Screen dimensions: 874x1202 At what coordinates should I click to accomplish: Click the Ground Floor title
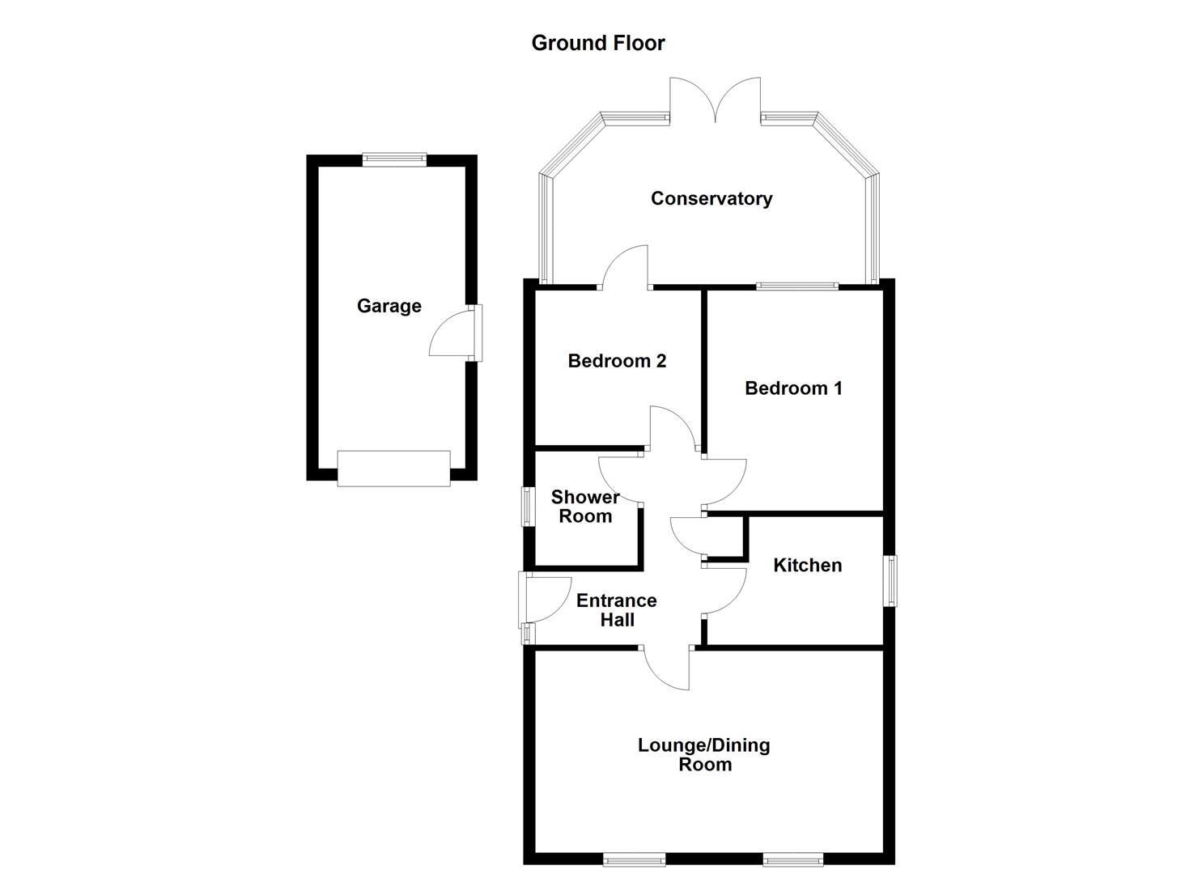pyautogui.click(x=597, y=43)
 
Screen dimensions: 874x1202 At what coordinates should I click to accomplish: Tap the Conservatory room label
pyautogui.click(x=711, y=198)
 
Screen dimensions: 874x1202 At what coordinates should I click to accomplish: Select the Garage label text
pyautogui.click(x=389, y=306)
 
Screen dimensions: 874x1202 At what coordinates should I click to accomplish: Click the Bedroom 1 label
pyautogui.click(x=792, y=388)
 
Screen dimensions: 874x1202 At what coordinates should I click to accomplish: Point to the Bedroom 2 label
pyautogui.click(x=617, y=361)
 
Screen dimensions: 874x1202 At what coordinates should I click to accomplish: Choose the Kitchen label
pyautogui.click(x=807, y=565)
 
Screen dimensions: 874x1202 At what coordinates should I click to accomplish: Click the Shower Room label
pyautogui.click(x=584, y=507)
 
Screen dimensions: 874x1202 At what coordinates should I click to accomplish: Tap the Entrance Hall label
pyautogui.click(x=616, y=610)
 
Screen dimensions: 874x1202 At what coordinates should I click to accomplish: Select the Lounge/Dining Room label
pyautogui.click(x=703, y=754)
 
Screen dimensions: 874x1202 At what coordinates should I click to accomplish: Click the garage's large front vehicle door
pyautogui.click(x=393, y=469)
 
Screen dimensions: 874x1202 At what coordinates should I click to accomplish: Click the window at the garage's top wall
pyautogui.click(x=394, y=159)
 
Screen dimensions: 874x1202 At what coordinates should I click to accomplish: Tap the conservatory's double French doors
pyautogui.click(x=715, y=101)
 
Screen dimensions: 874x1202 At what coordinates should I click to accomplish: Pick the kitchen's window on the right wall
pyautogui.click(x=890, y=580)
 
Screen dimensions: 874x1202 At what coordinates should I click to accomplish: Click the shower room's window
pyautogui.click(x=528, y=507)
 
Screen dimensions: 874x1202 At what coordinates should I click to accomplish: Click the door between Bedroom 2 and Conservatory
pyautogui.click(x=624, y=267)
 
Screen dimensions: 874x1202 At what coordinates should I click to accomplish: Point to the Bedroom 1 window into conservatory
pyautogui.click(x=797, y=286)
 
